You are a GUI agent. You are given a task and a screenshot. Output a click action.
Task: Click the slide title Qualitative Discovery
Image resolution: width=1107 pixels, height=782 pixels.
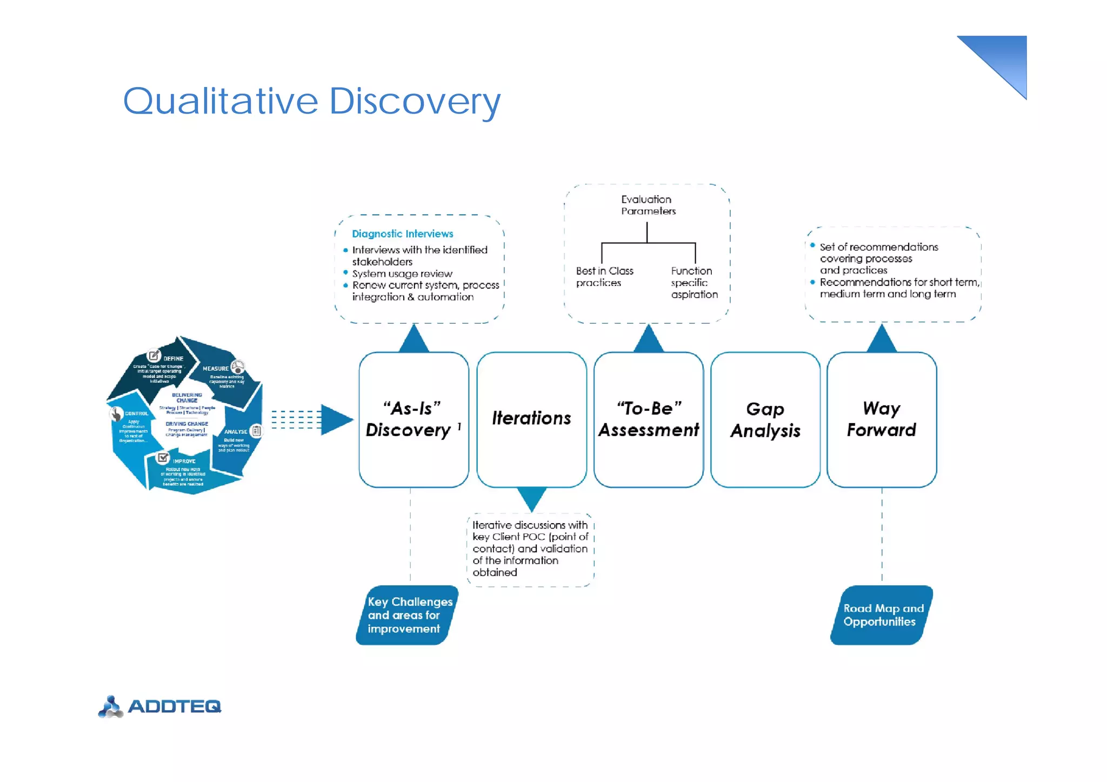click(x=312, y=101)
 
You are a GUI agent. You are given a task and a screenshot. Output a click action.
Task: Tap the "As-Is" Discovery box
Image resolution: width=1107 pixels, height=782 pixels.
click(x=414, y=419)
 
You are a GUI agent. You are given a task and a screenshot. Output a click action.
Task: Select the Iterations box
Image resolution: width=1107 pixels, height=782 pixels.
click(x=531, y=419)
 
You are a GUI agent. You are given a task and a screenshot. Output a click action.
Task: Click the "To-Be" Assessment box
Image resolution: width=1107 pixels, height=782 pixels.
click(x=648, y=419)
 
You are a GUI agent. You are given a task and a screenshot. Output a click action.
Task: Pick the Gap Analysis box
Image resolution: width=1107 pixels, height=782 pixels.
click(x=765, y=419)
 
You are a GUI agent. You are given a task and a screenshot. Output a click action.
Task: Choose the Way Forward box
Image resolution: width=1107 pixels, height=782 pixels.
click(x=881, y=419)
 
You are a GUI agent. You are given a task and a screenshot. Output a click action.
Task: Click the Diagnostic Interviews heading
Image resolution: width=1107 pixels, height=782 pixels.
click(x=402, y=233)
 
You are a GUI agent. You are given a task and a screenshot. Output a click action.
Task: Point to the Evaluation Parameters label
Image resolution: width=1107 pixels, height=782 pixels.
click(x=648, y=205)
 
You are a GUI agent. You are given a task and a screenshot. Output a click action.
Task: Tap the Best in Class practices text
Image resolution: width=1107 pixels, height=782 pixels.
click(x=604, y=277)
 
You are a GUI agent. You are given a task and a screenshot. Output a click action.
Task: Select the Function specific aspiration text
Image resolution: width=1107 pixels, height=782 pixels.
click(x=694, y=283)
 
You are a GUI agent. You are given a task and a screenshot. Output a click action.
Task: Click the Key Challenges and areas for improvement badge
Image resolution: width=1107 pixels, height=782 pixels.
click(x=408, y=615)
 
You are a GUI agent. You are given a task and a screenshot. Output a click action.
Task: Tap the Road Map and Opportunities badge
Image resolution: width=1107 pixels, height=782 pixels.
click(x=882, y=615)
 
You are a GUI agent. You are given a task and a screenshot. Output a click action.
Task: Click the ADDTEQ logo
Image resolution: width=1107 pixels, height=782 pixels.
click(x=160, y=706)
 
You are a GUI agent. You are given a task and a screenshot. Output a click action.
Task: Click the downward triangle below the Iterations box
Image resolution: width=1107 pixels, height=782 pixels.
click(x=531, y=497)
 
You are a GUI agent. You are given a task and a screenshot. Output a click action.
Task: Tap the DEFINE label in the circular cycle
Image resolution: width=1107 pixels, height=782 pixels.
click(x=173, y=358)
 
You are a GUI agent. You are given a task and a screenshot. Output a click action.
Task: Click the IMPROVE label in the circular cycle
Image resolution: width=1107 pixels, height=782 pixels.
click(x=184, y=461)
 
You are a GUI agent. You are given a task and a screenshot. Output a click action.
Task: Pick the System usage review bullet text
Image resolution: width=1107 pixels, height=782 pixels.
click(x=402, y=273)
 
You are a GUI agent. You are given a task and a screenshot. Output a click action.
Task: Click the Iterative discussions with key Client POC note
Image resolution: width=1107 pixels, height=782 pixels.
click(x=530, y=549)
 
